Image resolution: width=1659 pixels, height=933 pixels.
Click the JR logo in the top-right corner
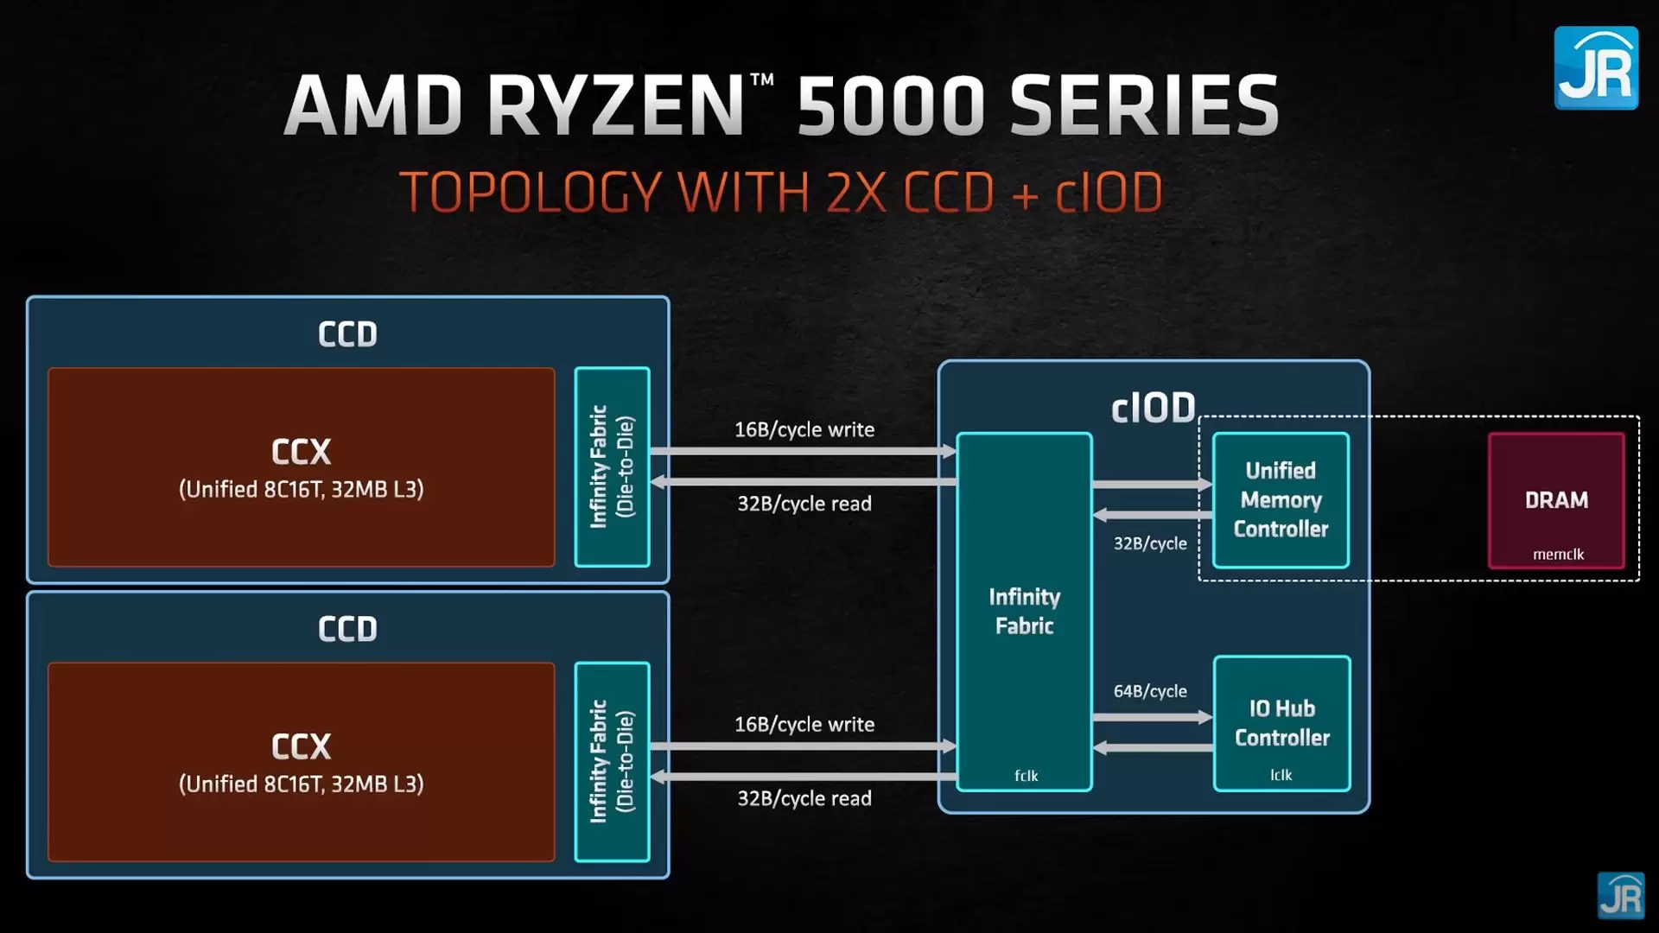pos(1595,68)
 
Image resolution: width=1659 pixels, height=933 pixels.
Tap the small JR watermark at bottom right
pos(1620,895)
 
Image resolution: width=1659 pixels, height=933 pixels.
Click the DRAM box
pos(1556,500)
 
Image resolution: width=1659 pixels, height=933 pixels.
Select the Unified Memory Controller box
pos(1281,500)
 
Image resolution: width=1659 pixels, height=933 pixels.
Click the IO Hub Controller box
pos(1281,723)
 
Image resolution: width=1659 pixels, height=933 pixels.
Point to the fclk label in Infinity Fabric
pos(1026,776)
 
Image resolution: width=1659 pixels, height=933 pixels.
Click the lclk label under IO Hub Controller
pos(1281,775)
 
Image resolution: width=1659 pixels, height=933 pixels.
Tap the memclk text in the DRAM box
pos(1558,555)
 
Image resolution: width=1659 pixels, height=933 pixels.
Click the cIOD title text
pos(1153,408)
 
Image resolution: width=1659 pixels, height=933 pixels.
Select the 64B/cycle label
pos(1149,691)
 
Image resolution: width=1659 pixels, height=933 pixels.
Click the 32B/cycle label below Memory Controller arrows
pos(1149,543)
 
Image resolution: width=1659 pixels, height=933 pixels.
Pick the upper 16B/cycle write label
pos(804,429)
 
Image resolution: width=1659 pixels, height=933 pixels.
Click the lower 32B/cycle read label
pos(804,798)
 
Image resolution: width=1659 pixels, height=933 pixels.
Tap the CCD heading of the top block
pos(347,334)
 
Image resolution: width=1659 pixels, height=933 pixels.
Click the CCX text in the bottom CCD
pos(301,746)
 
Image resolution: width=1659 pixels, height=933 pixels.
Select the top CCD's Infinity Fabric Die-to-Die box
pos(612,466)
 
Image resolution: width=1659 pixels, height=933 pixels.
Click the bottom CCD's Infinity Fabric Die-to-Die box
pos(612,761)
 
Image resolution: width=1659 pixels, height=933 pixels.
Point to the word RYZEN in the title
pos(615,106)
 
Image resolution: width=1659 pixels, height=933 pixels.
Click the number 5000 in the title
pos(890,106)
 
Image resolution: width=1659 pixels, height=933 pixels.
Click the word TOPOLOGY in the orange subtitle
pos(530,192)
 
